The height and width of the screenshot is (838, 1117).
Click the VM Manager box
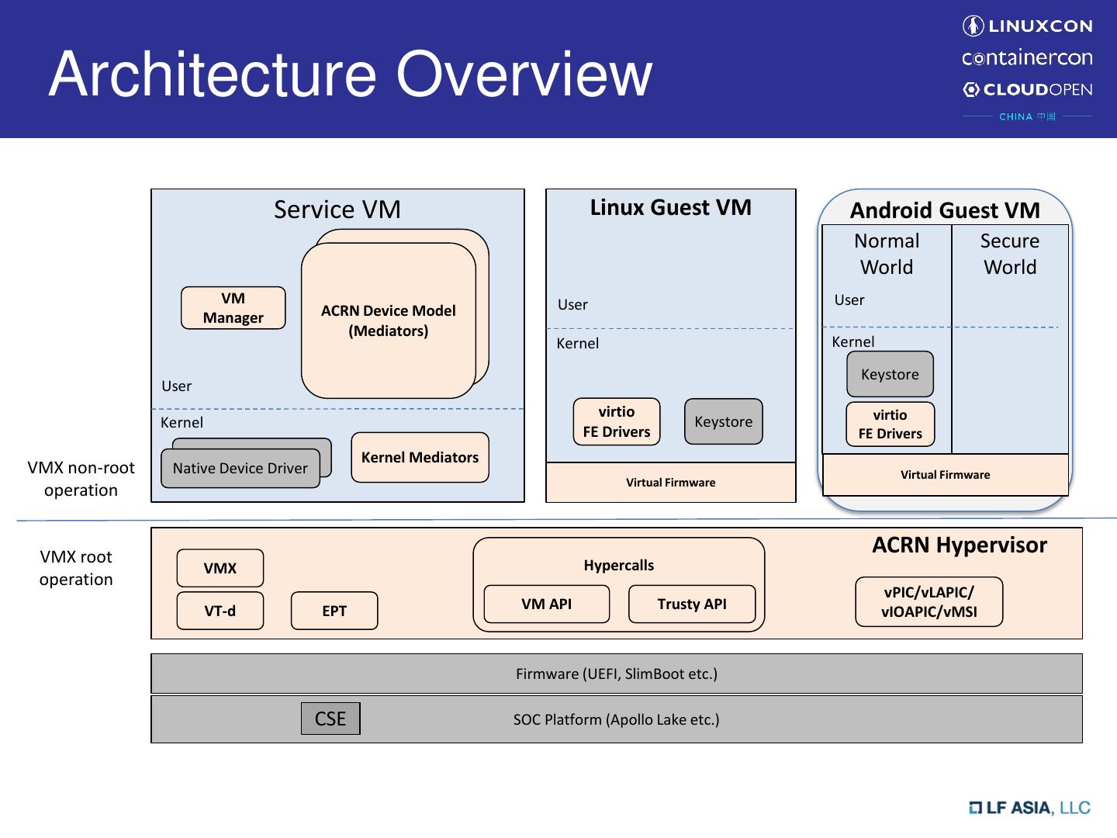tap(233, 308)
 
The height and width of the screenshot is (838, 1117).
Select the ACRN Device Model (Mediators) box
tap(388, 320)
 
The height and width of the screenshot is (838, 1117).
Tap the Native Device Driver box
tap(240, 469)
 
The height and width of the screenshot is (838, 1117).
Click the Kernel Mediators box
tap(420, 457)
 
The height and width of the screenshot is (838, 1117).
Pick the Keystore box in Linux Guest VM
tap(723, 421)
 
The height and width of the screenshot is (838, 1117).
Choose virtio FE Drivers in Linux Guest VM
tap(617, 421)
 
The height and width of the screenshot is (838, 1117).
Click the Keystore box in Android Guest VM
tap(890, 374)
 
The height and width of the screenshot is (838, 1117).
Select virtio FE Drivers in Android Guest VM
tap(890, 424)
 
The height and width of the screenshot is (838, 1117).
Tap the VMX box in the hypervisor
tap(220, 568)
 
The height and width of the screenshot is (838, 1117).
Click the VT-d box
tap(220, 611)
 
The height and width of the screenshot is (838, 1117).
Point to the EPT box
tap(334, 611)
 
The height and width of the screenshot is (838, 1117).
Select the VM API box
tap(546, 604)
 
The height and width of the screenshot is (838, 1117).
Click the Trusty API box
tap(691, 604)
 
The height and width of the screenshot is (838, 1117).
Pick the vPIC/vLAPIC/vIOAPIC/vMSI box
tap(929, 601)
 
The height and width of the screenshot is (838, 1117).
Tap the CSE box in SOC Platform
tap(330, 719)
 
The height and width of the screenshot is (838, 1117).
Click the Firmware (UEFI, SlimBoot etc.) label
tap(617, 674)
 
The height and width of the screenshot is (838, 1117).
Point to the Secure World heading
tap(1009, 254)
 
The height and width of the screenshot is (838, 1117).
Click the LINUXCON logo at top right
tap(1027, 26)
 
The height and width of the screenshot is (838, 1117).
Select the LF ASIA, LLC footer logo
tap(1029, 808)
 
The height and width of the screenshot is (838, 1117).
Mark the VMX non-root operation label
tap(81, 479)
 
